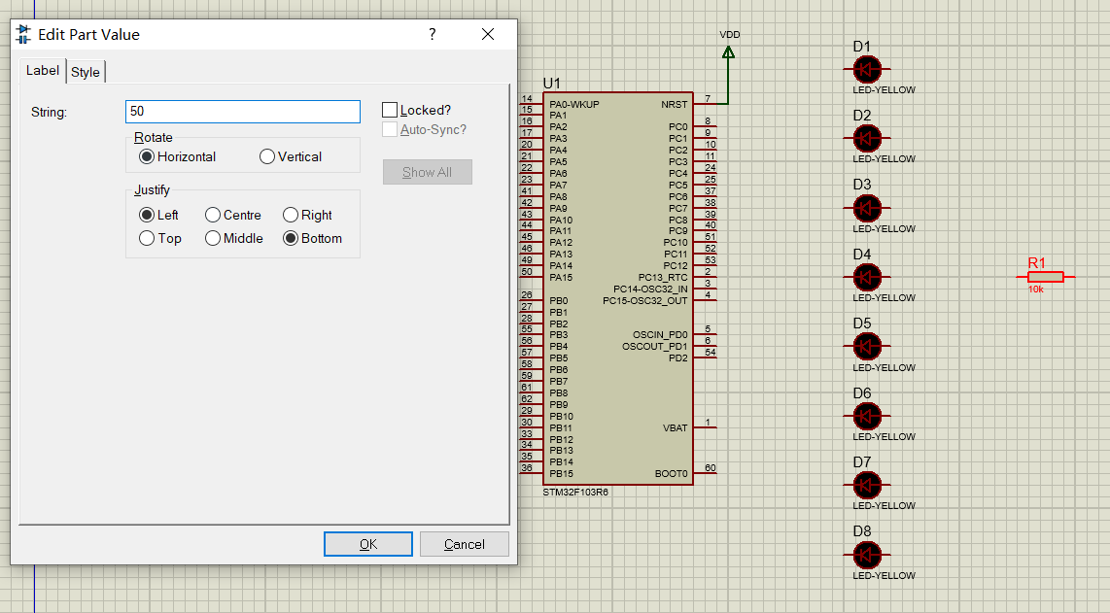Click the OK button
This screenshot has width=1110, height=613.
tap(368, 544)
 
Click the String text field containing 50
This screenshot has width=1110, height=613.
tap(243, 111)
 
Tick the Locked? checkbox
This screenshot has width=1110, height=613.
tap(390, 110)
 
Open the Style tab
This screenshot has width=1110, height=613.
tap(86, 72)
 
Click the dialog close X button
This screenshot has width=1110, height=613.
tap(488, 34)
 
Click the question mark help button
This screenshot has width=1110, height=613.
tap(433, 34)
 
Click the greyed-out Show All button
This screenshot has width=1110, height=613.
tap(428, 172)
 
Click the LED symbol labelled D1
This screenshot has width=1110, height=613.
tap(867, 69)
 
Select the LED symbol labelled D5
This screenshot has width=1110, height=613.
tap(867, 346)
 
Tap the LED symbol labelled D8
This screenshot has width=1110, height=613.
tap(867, 555)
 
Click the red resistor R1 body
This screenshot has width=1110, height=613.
tap(1046, 277)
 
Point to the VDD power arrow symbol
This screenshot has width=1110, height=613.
tap(728, 52)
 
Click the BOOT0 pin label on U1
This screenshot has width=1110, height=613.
tap(671, 473)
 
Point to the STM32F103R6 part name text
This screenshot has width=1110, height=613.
tap(575, 492)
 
